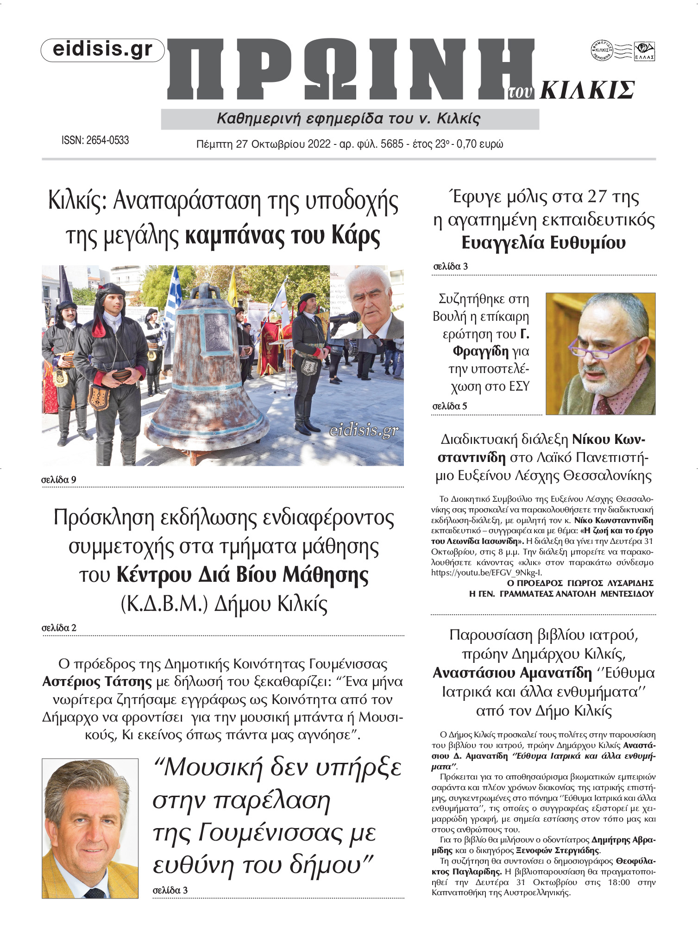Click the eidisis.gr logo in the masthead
pyautogui.click(x=102, y=50)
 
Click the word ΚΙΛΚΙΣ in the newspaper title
pyautogui.click(x=587, y=90)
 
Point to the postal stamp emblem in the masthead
pyautogui.click(x=623, y=51)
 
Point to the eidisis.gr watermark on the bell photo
pyautogui.click(x=364, y=431)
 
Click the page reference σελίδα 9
pyautogui.click(x=59, y=480)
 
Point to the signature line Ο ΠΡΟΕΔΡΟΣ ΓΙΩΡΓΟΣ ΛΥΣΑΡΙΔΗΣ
pyautogui.click(x=580, y=583)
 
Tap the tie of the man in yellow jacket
pyautogui.click(x=94, y=893)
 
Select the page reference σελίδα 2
pyautogui.click(x=59, y=628)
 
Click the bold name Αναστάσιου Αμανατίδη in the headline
pyautogui.click(x=512, y=673)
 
